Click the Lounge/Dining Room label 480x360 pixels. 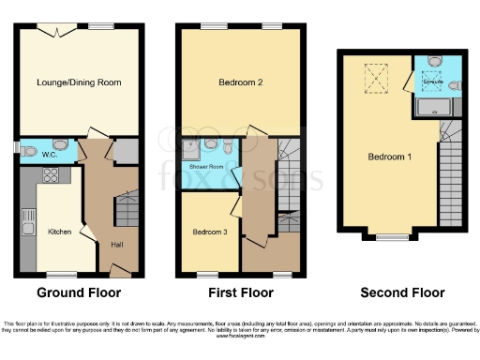coord(80,82)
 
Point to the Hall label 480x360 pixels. coord(115,245)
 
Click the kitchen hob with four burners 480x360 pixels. coord(52,174)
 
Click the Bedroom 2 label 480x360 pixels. coord(240,82)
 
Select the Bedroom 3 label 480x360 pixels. coord(210,231)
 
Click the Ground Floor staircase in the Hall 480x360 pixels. coord(127,207)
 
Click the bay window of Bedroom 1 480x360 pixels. coord(390,236)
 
